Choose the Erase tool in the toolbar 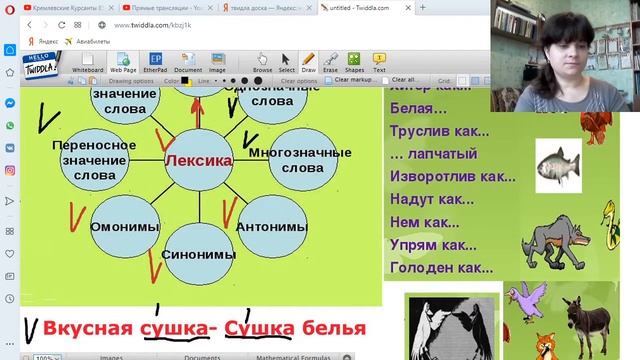[x=331, y=63]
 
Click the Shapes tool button [x=355, y=63]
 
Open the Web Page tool [x=123, y=63]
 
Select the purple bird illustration [x=526, y=297]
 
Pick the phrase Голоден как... [x=439, y=267]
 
